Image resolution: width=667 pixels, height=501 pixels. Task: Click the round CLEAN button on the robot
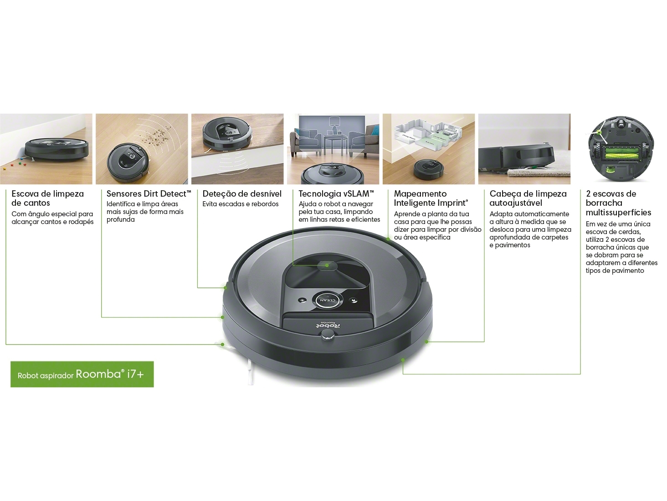[328, 301]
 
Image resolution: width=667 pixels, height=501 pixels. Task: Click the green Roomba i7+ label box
[82, 374]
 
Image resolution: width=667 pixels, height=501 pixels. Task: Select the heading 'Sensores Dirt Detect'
[149, 194]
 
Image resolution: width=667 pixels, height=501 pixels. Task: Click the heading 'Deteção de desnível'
[242, 194]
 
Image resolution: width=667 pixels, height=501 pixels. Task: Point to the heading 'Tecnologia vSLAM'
[336, 194]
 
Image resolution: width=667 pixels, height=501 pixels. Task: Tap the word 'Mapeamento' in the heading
[420, 194]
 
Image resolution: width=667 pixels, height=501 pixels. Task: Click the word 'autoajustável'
[516, 203]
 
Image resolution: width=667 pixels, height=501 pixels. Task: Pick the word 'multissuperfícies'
[618, 212]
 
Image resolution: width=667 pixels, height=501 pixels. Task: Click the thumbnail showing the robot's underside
[621, 149]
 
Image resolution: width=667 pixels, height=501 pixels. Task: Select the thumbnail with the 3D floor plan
[428, 149]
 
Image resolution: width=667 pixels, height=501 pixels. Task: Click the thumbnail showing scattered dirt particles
[142, 149]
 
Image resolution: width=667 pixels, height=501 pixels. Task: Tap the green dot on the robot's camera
[327, 265]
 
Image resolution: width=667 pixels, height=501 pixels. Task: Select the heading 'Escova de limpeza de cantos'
[47, 198]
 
